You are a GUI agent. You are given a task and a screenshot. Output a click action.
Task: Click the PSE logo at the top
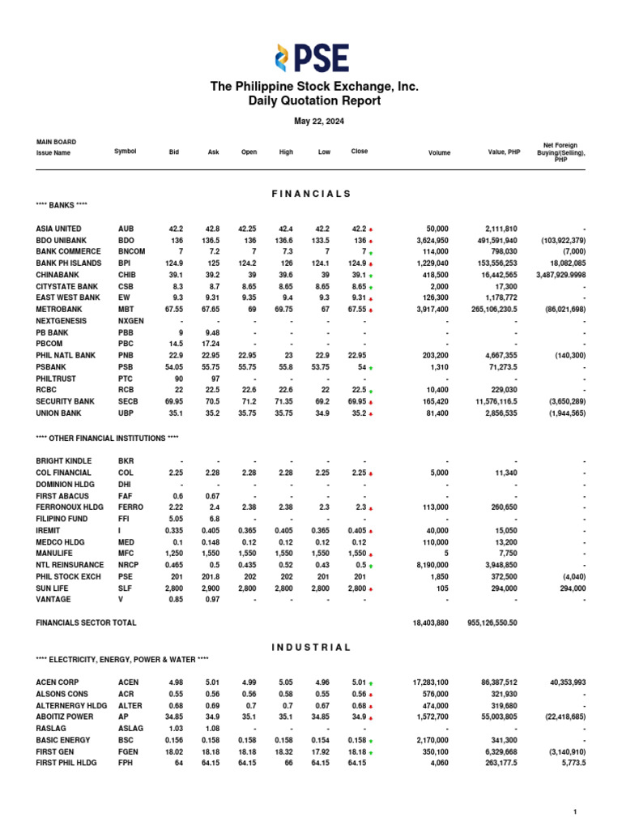tap(311, 58)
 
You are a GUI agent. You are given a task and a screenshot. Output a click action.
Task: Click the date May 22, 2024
tap(311, 122)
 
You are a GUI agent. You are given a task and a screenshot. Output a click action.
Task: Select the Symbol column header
tap(126, 152)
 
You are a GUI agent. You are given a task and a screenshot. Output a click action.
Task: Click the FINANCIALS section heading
tap(311, 194)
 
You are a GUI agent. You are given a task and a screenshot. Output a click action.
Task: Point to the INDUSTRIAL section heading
tap(311, 648)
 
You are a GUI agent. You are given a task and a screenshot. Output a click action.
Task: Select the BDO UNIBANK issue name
tap(61, 241)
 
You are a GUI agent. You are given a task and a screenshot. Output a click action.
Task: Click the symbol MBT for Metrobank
tap(126, 309)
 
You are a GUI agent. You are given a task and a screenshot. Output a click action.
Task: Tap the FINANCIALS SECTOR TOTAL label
tap(86, 622)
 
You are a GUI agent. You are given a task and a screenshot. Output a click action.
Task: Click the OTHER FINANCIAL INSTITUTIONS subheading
tap(107, 438)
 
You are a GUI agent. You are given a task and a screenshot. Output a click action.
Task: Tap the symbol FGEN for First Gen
tap(128, 751)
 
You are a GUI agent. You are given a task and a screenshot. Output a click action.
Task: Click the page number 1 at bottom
tap(574, 811)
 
